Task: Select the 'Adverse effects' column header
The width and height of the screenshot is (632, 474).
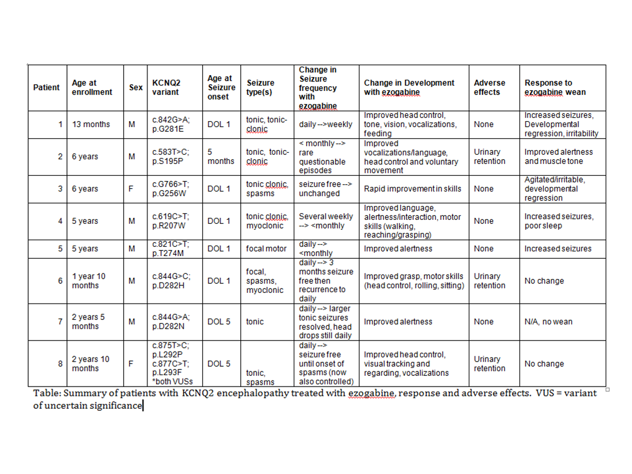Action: click(x=489, y=88)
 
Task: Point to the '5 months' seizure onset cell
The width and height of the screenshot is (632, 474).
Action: click(x=216, y=156)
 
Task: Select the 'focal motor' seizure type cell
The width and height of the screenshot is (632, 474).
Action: click(x=263, y=249)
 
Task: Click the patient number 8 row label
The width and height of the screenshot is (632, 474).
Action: click(x=60, y=363)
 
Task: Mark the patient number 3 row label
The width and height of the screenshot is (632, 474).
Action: click(x=60, y=189)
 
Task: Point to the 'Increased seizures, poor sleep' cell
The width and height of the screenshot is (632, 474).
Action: click(x=559, y=221)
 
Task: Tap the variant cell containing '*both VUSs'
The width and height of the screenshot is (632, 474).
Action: click(x=169, y=363)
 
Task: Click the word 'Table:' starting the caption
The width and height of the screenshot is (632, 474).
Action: click(x=47, y=393)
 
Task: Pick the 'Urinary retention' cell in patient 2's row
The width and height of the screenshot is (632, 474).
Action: click(x=489, y=156)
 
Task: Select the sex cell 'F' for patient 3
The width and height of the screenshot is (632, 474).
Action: click(x=132, y=189)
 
